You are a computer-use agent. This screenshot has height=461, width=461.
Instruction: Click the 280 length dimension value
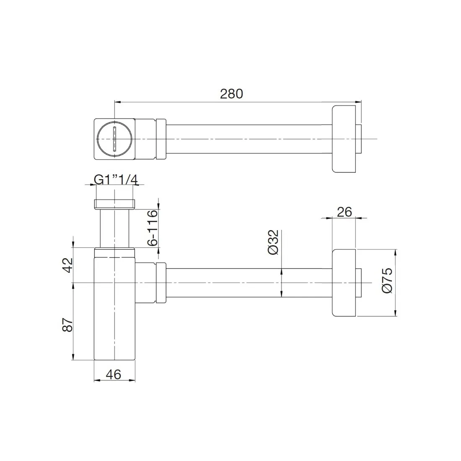[x=231, y=93]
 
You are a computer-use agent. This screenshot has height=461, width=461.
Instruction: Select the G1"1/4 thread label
[x=115, y=179]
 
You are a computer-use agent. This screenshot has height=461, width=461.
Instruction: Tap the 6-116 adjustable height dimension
[x=153, y=228]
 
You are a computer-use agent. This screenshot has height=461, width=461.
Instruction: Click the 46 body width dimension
[x=114, y=374]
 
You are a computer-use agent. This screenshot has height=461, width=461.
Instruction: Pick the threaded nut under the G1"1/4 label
[x=114, y=204]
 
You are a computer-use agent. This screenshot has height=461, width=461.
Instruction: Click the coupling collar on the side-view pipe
[x=161, y=283]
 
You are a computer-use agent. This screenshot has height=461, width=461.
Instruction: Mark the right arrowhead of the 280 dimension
[x=358, y=101]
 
